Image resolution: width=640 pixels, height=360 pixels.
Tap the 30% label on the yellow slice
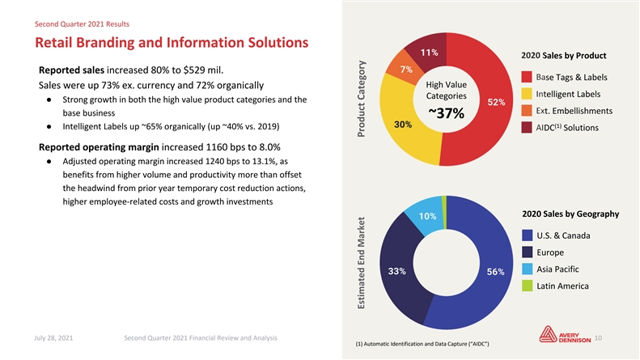(403, 125)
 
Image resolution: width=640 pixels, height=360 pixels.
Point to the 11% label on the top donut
(429, 53)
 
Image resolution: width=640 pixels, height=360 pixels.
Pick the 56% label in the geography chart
(496, 272)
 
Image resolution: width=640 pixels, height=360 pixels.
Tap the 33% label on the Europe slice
(397, 270)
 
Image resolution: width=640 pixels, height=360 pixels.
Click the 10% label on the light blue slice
(428, 216)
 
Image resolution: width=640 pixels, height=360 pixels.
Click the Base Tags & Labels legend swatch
(527, 77)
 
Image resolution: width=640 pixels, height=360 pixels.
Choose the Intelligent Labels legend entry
(566, 93)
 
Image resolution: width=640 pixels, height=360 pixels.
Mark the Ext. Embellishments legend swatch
(527, 110)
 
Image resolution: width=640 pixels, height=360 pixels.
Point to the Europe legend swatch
(527, 252)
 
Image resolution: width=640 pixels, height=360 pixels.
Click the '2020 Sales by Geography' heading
(570, 214)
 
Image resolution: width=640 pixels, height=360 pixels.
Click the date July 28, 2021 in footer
(54, 337)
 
